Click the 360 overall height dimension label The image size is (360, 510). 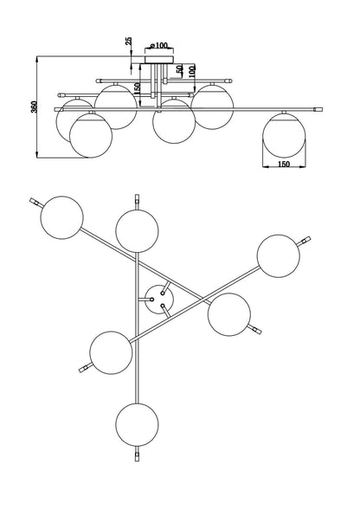coord(34,107)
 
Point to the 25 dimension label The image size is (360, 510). coord(129,41)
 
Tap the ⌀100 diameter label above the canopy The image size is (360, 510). coord(159,45)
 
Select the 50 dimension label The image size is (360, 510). coord(179,69)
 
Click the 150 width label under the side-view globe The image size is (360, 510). coord(284,165)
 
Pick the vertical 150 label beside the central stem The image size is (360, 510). coord(137,89)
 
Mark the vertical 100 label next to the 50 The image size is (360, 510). coord(192,71)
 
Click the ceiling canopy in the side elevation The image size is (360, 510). coord(159,60)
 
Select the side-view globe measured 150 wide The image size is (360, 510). coord(284,135)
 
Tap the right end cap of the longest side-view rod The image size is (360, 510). coord(318,109)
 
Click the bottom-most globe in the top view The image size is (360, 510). coord(137,424)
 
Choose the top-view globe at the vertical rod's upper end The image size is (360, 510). coord(137,230)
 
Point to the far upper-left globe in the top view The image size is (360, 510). coord(61,217)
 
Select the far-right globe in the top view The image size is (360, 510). coord(279,256)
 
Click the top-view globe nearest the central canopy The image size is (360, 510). coord(229,314)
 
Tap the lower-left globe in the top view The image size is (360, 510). coord(111,353)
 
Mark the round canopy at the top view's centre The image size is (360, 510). coord(159,300)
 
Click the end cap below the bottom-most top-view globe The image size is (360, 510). coord(137,456)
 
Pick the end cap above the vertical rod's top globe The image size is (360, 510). coord(137,199)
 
